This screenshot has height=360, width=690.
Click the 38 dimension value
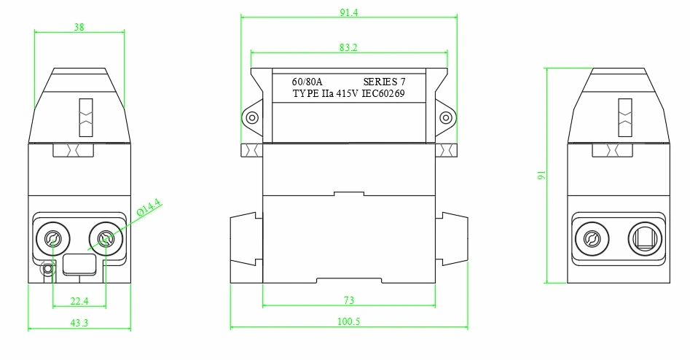(x=79, y=27)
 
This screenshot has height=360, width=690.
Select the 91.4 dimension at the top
(x=348, y=12)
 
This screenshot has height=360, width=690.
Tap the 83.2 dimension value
(x=348, y=47)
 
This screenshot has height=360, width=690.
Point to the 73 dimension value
(x=348, y=300)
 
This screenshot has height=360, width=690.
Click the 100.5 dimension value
(x=348, y=321)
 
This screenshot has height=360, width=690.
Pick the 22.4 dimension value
(x=79, y=301)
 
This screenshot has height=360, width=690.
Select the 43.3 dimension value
(x=79, y=323)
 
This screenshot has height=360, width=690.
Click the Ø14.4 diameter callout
(x=149, y=207)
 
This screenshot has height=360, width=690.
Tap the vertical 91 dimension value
(x=541, y=175)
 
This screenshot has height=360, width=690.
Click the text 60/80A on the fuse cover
(x=307, y=82)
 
